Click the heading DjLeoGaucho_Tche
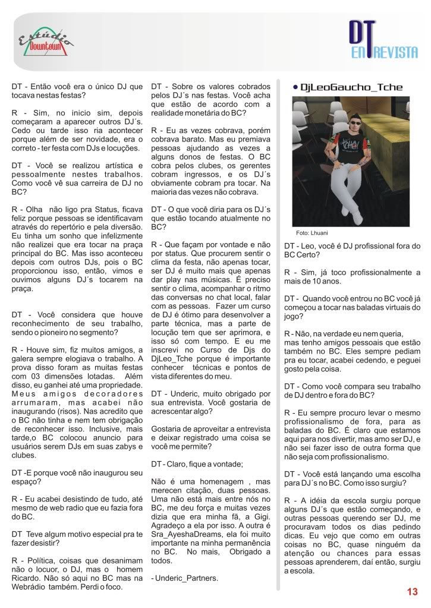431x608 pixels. click(352, 87)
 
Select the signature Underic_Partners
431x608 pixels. click(184, 578)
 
